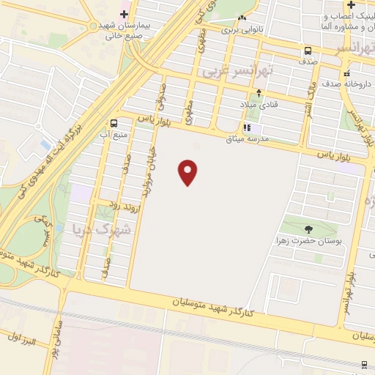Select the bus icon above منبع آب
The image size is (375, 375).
tap(114, 123)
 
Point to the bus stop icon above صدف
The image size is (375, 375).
tap(308, 51)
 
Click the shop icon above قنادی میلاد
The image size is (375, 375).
tap(259, 94)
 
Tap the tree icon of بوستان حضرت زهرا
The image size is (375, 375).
tap(308, 229)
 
